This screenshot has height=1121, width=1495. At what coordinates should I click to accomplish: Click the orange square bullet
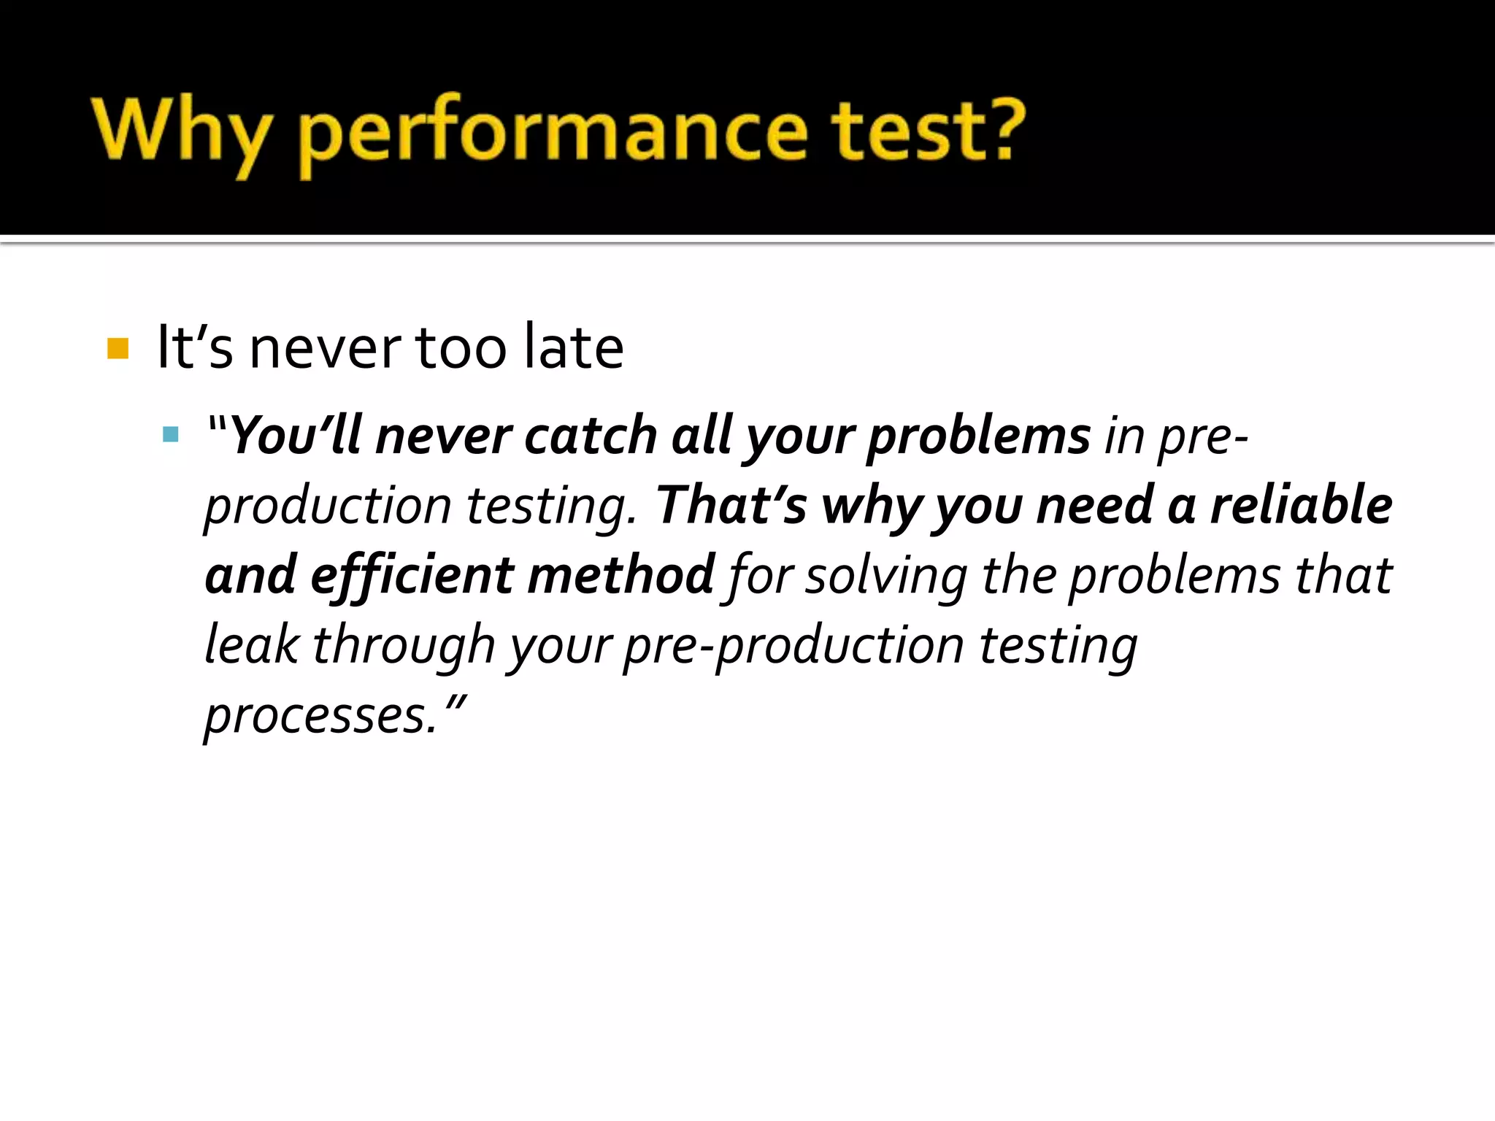(118, 348)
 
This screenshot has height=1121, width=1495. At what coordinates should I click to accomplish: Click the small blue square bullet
(171, 436)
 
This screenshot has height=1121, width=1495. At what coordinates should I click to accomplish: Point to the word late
(574, 347)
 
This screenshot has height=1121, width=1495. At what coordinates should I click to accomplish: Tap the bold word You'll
(296, 436)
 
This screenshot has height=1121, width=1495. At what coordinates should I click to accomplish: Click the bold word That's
(731, 506)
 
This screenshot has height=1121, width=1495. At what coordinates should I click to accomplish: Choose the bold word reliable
(1301, 506)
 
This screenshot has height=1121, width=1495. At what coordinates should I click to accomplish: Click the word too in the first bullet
(461, 347)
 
